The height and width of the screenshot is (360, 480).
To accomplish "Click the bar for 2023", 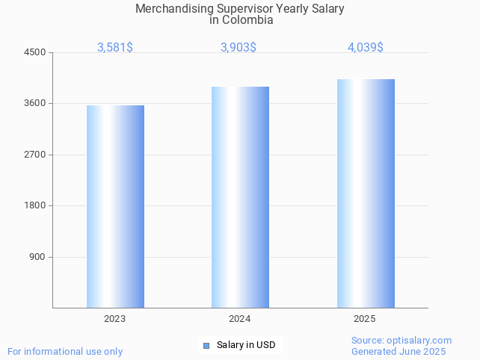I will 115,206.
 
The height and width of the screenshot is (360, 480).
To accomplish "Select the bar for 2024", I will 240,197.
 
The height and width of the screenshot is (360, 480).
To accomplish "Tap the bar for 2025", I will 366,193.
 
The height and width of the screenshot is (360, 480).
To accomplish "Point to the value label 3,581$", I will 115,47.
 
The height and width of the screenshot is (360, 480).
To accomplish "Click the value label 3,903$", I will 239,47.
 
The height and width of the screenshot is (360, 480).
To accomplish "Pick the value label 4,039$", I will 366,47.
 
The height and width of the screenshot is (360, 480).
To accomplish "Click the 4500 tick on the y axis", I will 35,52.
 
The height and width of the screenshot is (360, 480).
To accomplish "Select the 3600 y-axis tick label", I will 35,104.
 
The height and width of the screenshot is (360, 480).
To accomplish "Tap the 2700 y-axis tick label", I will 35,155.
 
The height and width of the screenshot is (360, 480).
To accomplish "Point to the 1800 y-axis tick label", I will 35,206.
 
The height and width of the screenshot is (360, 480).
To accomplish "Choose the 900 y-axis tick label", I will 37,257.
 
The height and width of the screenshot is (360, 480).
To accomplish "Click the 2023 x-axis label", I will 115,319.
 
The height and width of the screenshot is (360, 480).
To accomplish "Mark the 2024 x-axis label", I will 240,319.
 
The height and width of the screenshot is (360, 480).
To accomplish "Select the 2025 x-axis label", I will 365,319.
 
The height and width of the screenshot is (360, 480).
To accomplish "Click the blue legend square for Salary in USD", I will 206,345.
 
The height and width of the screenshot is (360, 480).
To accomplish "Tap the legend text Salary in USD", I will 246,345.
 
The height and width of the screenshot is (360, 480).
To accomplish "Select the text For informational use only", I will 65,351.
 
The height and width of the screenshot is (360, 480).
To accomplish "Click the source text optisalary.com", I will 419,341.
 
